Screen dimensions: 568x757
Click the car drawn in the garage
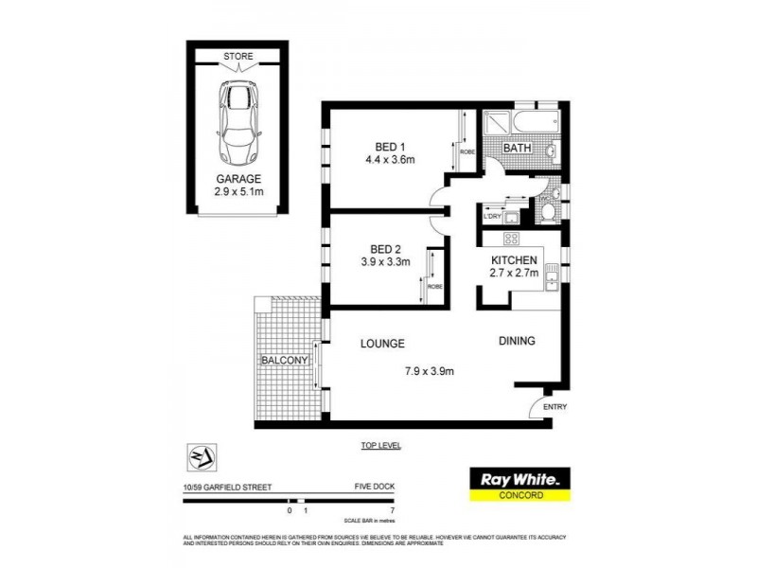pos(238,122)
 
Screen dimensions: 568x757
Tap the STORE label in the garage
pos(238,57)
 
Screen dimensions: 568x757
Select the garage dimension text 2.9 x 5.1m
pos(238,192)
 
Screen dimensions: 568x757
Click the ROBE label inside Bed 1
pos(467,151)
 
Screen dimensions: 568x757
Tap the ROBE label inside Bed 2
pos(435,286)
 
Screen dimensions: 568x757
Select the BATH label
pos(516,149)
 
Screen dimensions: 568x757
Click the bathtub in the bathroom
pos(535,123)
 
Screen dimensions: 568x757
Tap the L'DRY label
pos(491,217)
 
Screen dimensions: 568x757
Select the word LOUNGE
pos(382,344)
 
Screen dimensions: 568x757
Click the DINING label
pos(518,342)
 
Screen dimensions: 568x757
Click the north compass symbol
pos(201,456)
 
